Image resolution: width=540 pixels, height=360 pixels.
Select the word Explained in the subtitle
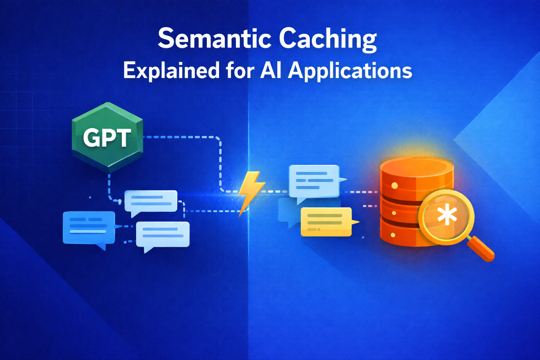[x=171, y=70]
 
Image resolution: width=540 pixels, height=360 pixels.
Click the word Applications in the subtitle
[x=350, y=71]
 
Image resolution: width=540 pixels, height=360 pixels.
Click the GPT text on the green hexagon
[x=107, y=137]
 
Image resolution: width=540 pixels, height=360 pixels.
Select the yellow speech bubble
[x=326, y=221]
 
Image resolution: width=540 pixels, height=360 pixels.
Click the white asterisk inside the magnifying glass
[x=447, y=216]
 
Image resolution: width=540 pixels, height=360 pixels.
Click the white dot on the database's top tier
[x=394, y=185]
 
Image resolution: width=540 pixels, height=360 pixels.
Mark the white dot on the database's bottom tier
[x=393, y=234]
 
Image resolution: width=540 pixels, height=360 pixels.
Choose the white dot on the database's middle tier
[x=394, y=213]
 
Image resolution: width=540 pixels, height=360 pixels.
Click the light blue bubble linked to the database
[x=314, y=181]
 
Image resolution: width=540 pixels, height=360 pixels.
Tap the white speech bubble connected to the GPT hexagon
[x=151, y=201]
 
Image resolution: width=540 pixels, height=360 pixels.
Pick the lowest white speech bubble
[x=162, y=234]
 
